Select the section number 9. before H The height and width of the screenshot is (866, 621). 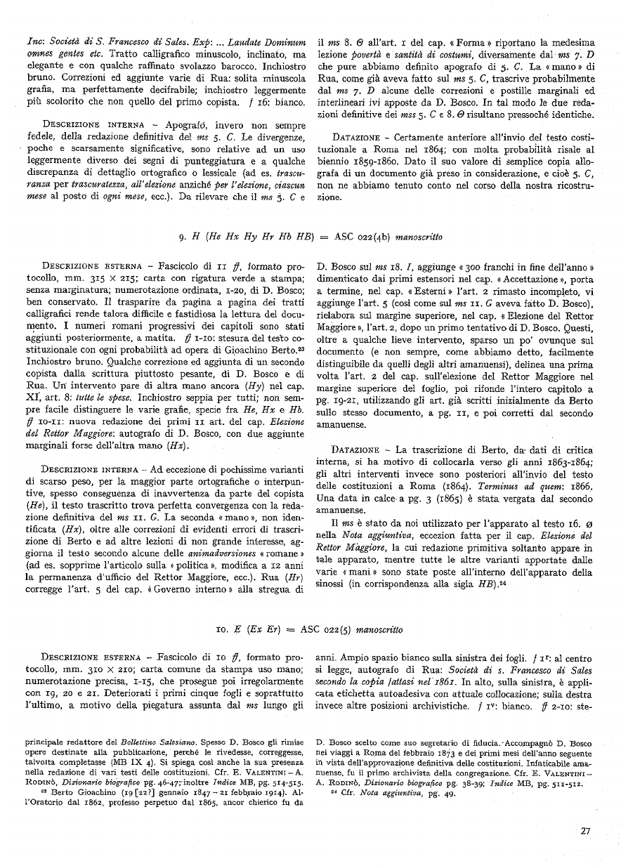coord(182,237)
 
